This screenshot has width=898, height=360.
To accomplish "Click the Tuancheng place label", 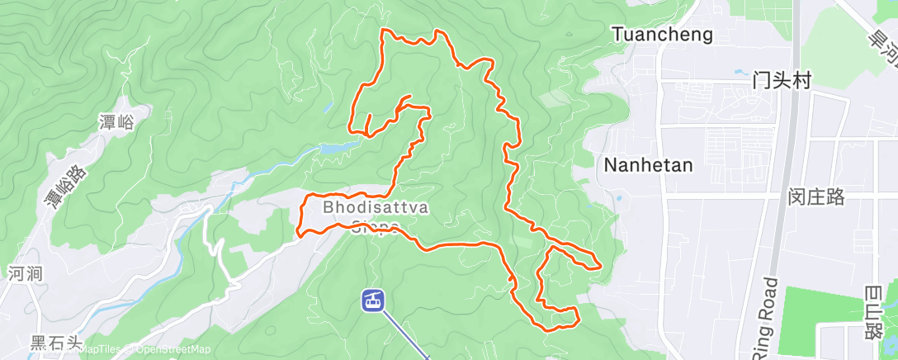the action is (x=662, y=34).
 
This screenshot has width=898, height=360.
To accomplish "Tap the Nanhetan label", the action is (x=648, y=163).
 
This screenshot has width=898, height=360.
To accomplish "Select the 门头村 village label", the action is (x=782, y=80).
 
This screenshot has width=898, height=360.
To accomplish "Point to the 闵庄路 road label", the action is (x=816, y=197).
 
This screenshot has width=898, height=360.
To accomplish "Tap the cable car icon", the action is (x=373, y=300).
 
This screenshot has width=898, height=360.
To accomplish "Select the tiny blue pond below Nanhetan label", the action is (x=618, y=198).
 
